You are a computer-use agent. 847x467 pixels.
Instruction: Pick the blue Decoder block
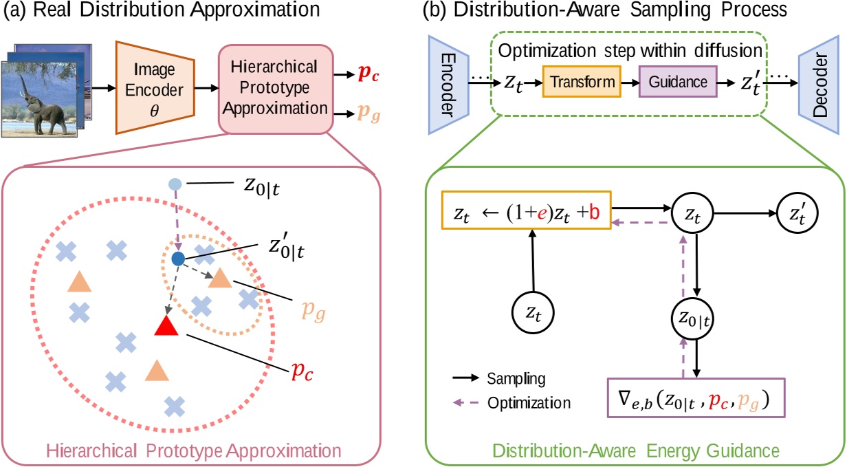[822, 81]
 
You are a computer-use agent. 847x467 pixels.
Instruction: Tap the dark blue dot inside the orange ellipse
[178, 259]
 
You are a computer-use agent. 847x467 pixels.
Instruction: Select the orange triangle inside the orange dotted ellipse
[220, 278]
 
